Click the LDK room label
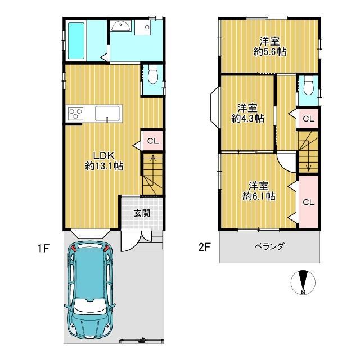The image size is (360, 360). click(104, 155)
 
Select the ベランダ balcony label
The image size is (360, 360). click(268, 246)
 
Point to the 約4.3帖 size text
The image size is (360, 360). click(247, 118)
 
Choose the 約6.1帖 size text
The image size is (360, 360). click(259, 196)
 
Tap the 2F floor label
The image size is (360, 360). click(204, 247)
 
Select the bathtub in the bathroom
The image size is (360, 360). click(76, 40)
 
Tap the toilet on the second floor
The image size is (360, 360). click(307, 86)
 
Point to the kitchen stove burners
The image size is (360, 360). click(75, 114)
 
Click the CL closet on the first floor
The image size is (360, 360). click(152, 141)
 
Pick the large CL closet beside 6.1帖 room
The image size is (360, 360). click(308, 201)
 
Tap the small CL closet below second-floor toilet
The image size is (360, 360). click(308, 118)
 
